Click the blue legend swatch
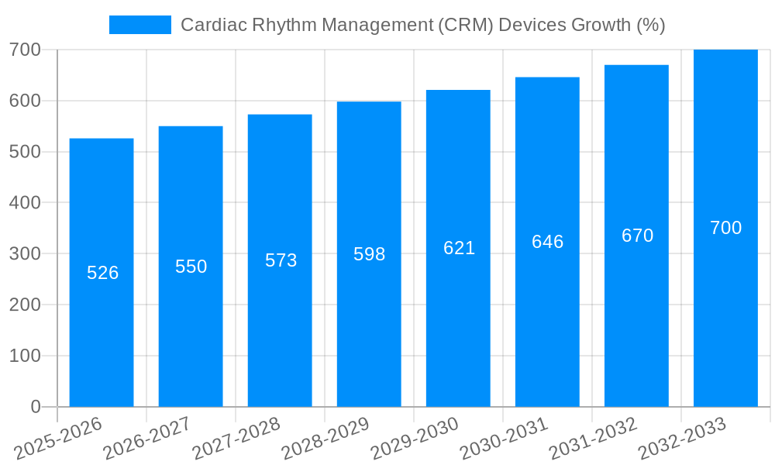pos(139,25)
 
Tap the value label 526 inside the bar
pos(102,273)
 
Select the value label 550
pos(191,267)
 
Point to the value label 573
pos(281,260)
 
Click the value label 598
pos(369,254)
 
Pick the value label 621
pos(459,248)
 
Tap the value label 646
pos(547,242)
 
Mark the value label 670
pos(637,236)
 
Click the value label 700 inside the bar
pos(725,228)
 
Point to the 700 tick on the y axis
pos(25,50)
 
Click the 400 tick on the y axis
pos(25,203)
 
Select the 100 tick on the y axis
pos(25,356)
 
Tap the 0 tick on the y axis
pos(35,407)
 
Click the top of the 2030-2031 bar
pos(547,78)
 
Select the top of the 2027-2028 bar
pos(280,115)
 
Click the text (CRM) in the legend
pos(465,25)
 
